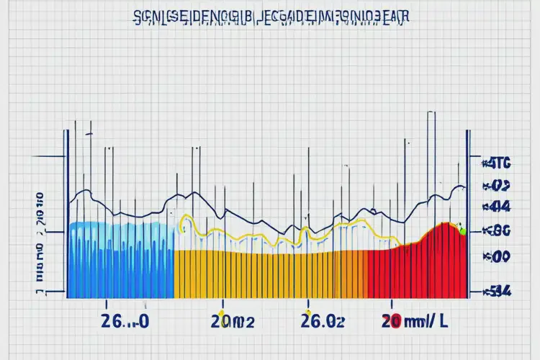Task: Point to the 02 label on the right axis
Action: pyautogui.click(x=499, y=184)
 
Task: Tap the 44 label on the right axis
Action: pyautogui.click(x=499, y=207)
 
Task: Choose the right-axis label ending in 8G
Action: pyautogui.click(x=499, y=231)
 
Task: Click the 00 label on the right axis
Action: pyautogui.click(x=499, y=256)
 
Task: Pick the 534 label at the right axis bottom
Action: pyautogui.click(x=499, y=292)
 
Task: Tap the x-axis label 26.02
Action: pyautogui.click(x=322, y=322)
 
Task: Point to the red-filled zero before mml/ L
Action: pyautogui.click(x=393, y=322)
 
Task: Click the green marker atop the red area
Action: pyautogui.click(x=462, y=231)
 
